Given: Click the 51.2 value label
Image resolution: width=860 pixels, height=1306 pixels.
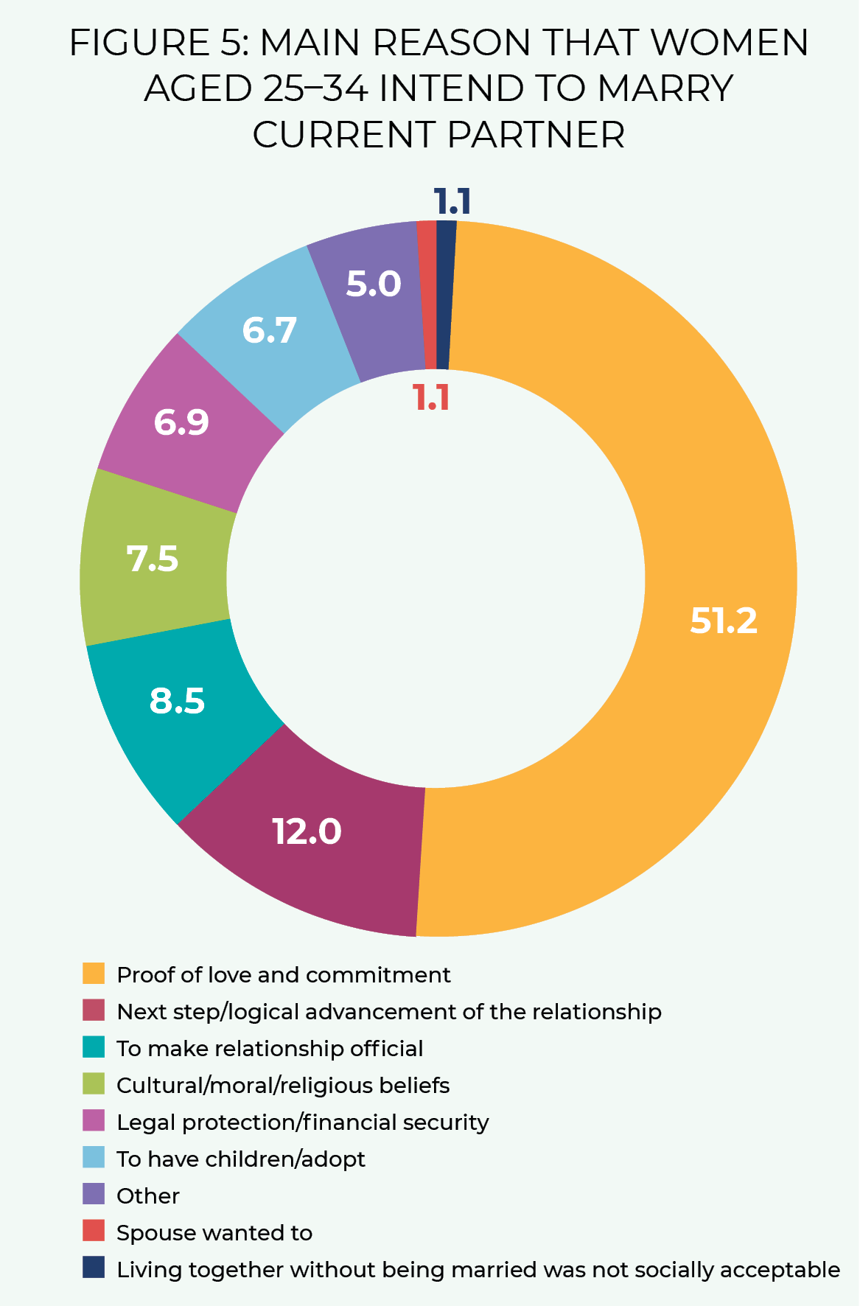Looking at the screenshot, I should coord(723,621).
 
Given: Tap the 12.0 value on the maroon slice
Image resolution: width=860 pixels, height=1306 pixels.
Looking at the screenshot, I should coord(307,831).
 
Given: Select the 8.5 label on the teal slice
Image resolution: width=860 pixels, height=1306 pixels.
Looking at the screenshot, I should coord(177,700).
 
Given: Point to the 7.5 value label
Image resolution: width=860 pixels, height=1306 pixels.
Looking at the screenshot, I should coord(153,559).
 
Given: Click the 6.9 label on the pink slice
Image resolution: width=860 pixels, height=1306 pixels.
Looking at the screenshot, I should coord(181,422).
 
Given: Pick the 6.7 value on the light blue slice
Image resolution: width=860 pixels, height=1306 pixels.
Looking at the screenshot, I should coord(270,330).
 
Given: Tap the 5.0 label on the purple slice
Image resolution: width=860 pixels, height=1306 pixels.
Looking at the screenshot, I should coord(374,284).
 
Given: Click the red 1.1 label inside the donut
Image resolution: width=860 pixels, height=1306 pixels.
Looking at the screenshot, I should coord(431,398).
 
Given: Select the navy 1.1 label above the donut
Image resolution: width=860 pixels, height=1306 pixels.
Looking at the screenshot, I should coord(452,201).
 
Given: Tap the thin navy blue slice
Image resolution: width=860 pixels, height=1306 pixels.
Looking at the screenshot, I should coord(444,295).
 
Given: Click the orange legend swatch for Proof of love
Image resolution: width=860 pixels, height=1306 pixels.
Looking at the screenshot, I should coord(94,974).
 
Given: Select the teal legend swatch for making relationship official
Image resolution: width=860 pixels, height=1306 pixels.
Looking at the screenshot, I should coord(94,1047).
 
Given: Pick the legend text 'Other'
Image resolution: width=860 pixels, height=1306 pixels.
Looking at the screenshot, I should coord(148,1195).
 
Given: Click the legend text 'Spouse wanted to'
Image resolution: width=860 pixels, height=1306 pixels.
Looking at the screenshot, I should coord(214,1232).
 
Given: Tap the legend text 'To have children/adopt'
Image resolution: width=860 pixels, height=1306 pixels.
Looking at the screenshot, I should coord(241,1159).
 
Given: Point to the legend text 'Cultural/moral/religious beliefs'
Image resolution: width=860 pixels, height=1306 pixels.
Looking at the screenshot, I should coord(283,1085).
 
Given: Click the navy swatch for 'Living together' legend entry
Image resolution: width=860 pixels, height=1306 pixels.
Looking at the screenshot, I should coord(94,1268).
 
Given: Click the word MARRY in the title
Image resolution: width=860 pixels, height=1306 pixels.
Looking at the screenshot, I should coord(665,88).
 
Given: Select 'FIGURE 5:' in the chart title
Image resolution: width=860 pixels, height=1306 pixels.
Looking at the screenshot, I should coord(160,43).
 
